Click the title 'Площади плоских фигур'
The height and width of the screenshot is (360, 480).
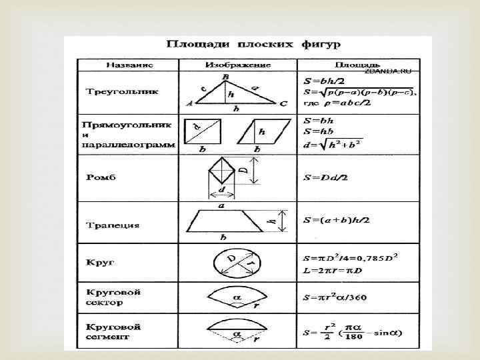coord(253,45)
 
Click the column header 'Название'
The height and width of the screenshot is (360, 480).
coord(129,65)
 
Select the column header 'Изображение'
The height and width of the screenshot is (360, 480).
coord(238,65)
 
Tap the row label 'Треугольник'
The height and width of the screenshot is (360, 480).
coord(122,91)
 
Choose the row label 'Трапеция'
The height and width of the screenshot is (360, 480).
coord(113,225)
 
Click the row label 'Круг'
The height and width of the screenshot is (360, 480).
coord(101,262)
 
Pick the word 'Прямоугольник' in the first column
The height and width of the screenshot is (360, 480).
coord(127,125)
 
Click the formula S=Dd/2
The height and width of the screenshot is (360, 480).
coord(325,178)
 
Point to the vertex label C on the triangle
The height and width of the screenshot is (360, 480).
coord(283,104)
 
